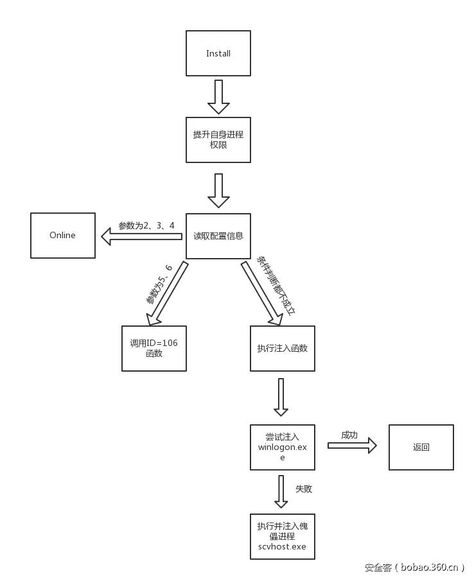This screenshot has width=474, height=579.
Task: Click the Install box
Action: (x=218, y=53)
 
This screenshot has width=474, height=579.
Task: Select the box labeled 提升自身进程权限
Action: (x=218, y=140)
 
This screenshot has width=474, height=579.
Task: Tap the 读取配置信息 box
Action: (x=218, y=236)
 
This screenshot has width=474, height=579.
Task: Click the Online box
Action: (x=63, y=236)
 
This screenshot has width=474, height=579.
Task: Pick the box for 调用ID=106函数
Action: (x=154, y=348)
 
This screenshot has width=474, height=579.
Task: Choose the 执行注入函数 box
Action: (x=283, y=348)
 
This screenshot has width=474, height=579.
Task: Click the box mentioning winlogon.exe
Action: (x=283, y=447)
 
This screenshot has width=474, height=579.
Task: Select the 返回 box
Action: (x=421, y=447)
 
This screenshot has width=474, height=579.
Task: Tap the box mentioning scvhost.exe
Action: (x=283, y=536)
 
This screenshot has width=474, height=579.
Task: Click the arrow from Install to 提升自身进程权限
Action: (x=218, y=95)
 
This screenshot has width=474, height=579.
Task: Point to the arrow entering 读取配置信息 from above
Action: (x=218, y=190)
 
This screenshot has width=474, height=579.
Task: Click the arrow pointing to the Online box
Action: (x=141, y=237)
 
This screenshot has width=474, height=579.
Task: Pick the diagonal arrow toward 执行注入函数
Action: (x=263, y=293)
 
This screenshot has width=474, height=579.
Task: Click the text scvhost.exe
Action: (x=282, y=546)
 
